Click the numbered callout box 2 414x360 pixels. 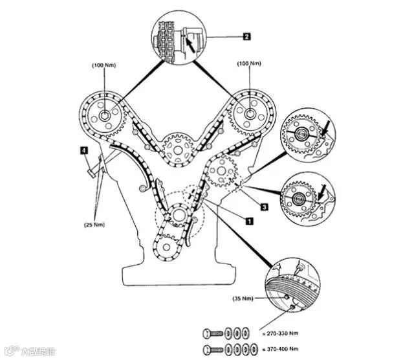click(246, 37)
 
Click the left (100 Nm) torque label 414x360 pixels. click(105, 65)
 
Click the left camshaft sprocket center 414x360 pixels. click(103, 117)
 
